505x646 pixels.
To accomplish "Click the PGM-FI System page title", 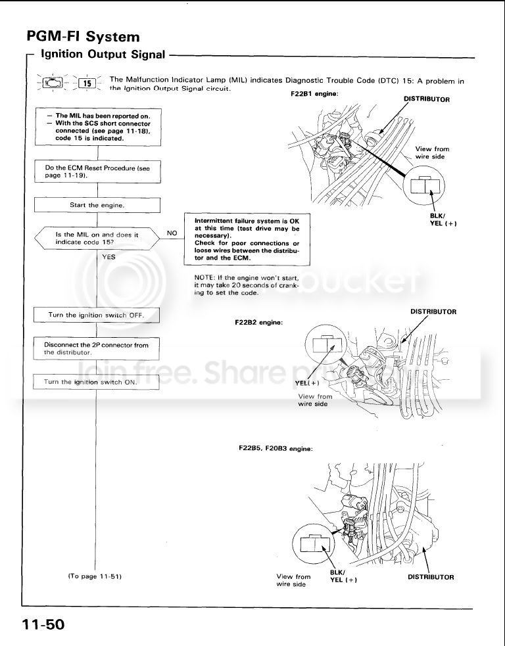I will click(83, 36).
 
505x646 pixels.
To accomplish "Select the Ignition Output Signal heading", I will click(103, 55).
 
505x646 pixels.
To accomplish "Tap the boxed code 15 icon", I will click(87, 83).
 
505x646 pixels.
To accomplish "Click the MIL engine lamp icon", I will click(51, 83).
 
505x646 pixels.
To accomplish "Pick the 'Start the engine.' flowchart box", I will click(97, 205).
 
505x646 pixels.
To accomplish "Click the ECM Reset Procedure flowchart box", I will click(97, 172).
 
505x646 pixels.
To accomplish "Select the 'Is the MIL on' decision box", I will click(97, 238).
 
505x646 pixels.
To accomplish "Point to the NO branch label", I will click(172, 233).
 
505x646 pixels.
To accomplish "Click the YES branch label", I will click(108, 257).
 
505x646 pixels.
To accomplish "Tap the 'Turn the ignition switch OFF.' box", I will click(97, 315).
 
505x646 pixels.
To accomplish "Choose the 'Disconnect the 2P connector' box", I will click(97, 348).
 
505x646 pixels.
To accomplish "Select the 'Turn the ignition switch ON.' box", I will click(97, 382).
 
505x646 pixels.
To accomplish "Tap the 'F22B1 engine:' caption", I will click(314, 94).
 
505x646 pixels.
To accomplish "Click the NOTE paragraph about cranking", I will click(247, 285).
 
